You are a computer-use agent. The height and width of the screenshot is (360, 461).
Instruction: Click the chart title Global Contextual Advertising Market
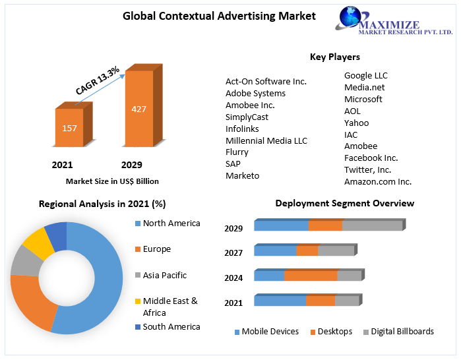tap(219, 16)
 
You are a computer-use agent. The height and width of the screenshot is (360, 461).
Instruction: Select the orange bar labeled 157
tap(69, 128)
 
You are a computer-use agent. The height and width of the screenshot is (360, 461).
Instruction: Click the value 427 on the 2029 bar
tap(139, 109)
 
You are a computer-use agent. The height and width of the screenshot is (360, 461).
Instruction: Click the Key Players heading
tap(335, 57)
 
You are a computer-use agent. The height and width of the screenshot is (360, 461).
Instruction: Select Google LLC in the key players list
tap(365, 75)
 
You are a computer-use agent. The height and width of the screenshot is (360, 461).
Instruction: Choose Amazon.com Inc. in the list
tap(377, 181)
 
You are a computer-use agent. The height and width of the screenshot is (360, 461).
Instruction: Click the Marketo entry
tap(242, 175)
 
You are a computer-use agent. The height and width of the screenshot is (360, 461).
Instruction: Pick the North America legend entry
tap(171, 224)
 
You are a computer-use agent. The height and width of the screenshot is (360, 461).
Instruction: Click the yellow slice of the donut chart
tap(38, 243)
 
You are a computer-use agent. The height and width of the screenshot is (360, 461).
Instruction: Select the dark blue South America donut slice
tap(57, 236)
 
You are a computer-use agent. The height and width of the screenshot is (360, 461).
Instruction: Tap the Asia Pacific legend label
tap(164, 275)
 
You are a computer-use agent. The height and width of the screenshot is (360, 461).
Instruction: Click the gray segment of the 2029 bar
tap(372, 225)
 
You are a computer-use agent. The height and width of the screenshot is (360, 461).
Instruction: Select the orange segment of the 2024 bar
tap(311, 276)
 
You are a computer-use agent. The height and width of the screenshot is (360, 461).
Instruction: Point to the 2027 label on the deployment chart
tap(233, 253)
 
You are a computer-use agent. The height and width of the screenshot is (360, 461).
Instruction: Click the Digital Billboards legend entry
tap(402, 332)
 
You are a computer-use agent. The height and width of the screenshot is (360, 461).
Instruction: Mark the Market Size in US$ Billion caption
tap(112, 181)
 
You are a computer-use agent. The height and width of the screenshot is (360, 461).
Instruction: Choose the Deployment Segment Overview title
tap(344, 203)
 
